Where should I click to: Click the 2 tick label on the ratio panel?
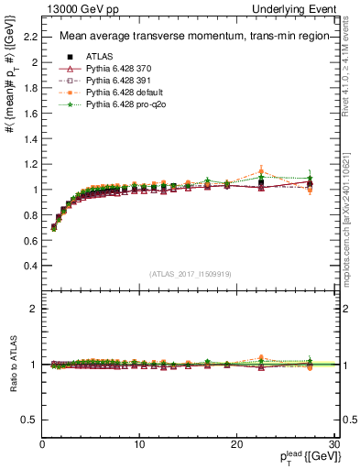click(33, 309)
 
